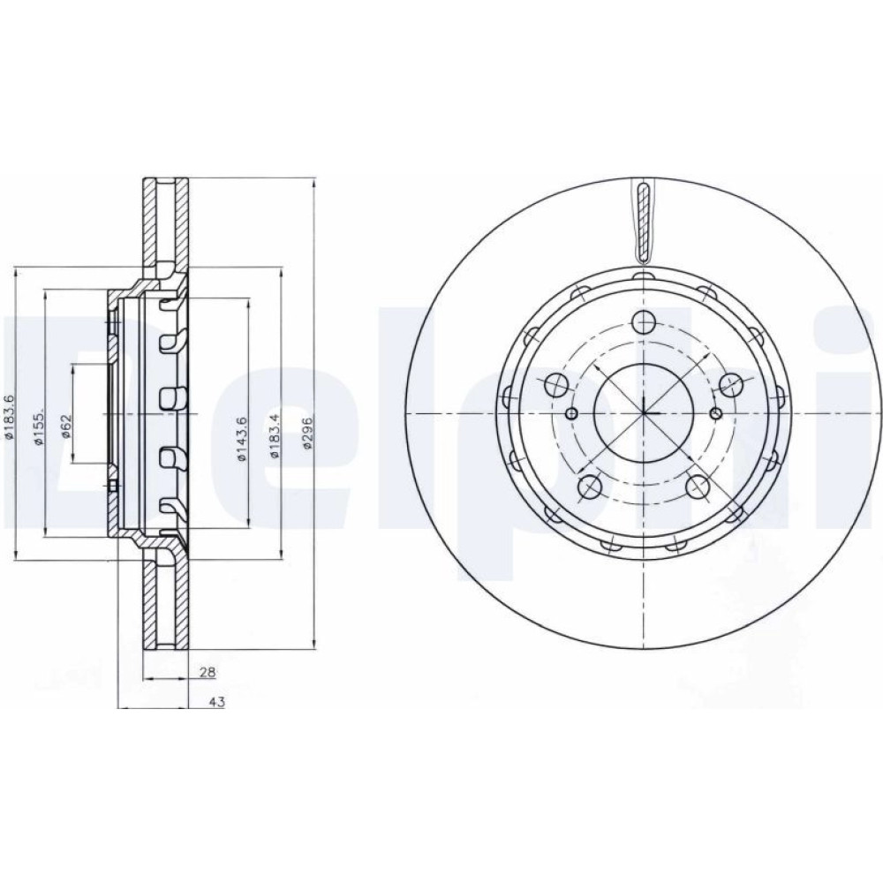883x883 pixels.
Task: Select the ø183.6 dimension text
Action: [9, 416]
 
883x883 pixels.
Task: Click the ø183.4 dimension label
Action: [274, 436]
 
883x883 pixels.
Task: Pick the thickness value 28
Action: [208, 671]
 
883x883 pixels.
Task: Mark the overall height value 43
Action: [217, 702]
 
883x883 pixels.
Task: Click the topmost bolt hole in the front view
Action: [644, 322]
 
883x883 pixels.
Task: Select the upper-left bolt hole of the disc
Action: [556, 385]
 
